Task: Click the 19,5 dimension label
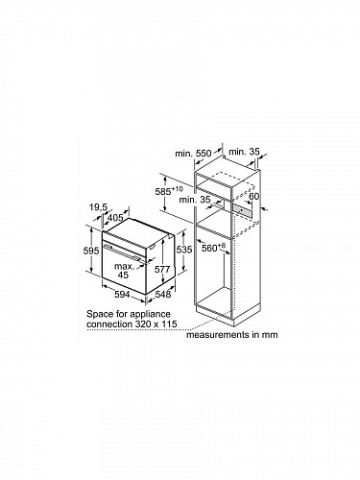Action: coord(98,207)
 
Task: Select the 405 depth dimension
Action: coord(115,218)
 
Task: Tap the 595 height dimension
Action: coord(91,252)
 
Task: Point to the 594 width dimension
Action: coord(122,294)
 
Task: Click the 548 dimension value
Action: coord(163,294)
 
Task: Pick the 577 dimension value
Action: coord(162,270)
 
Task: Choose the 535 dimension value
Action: coord(184,250)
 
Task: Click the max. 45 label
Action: coord(125,271)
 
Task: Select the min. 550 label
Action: coord(193,154)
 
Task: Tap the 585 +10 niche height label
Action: coord(169,191)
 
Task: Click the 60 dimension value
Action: coord(253,196)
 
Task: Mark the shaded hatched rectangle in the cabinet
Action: coord(242,209)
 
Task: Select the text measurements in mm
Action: coord(232,335)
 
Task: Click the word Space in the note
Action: coord(100,314)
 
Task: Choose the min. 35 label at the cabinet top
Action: coord(245,152)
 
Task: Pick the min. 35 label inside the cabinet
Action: coord(195,200)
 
